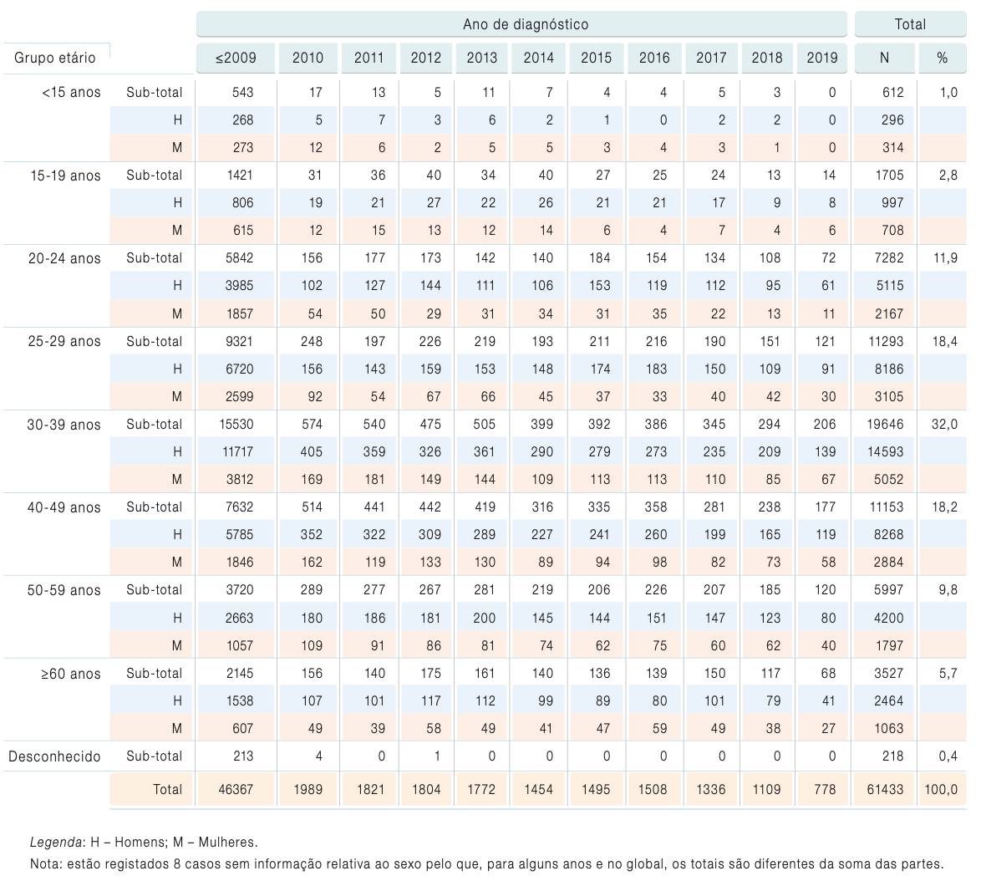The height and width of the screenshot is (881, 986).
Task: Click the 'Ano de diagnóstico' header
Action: click(x=526, y=24)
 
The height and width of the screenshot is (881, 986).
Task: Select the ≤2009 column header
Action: click(x=236, y=58)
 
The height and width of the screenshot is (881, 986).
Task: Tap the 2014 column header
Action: click(x=539, y=58)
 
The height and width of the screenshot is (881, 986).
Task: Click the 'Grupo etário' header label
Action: click(x=54, y=58)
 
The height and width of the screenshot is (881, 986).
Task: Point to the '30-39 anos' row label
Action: click(x=64, y=425)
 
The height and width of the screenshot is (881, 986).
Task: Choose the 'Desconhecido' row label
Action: click(x=54, y=756)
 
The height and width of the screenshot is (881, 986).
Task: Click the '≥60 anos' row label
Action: click(x=70, y=674)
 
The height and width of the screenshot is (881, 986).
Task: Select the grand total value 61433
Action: click(x=885, y=789)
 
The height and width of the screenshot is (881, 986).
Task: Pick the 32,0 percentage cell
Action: click(x=944, y=425)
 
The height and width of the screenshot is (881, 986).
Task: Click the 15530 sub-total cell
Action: click(x=236, y=425)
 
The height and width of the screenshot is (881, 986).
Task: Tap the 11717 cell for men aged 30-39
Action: click(x=237, y=451)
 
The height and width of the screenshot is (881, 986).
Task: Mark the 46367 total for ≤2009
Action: click(x=236, y=789)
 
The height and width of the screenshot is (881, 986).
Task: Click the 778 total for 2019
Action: click(x=825, y=789)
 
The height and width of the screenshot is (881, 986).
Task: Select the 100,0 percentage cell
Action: click(x=941, y=789)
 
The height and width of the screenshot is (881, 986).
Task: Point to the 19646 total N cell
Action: click(x=885, y=425)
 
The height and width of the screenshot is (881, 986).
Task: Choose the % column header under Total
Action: click(x=942, y=58)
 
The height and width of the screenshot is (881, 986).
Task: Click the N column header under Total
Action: click(x=884, y=58)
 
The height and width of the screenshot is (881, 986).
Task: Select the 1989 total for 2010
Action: click(x=308, y=789)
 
